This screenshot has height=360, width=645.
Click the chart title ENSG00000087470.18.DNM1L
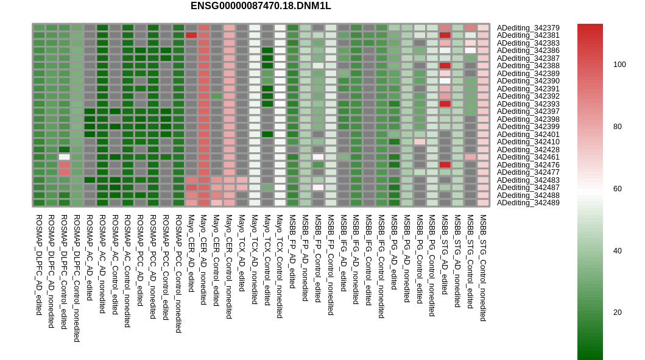pos(261,6)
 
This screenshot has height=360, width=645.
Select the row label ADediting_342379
pos(528,28)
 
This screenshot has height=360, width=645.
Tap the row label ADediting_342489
pos(528,203)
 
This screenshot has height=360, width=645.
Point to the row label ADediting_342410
pos(528,142)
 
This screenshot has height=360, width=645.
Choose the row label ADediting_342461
pos(528,157)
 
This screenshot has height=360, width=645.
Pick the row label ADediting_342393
pos(528,104)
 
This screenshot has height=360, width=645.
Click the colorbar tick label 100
pos(619,65)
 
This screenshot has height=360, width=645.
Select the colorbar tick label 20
pos(618,312)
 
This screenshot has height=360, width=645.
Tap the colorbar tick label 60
pos(618,189)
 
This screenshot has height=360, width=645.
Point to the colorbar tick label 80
pos(618,127)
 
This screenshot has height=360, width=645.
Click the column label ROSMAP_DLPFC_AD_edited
pos(39,265)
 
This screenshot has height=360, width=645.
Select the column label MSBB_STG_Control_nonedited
pos(484,268)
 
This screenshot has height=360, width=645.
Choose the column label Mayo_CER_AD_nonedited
pos(203,259)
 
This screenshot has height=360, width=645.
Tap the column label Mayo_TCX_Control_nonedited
pos(280,266)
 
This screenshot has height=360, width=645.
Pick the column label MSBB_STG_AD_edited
pos(445,254)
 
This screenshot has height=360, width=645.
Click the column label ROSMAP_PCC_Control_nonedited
pos(178,274)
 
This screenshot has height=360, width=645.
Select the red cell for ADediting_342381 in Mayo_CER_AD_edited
pos(191,35)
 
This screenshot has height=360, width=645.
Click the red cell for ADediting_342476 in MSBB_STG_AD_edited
pos(445,165)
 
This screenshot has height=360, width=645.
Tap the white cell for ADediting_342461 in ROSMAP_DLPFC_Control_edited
pos(64,157)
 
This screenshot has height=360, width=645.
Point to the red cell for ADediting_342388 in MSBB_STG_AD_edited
pos(445,66)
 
